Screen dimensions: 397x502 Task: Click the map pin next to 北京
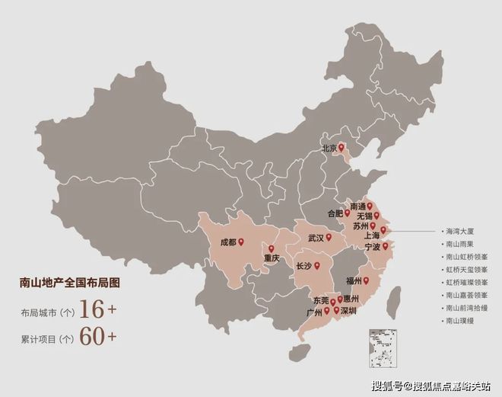(342, 147)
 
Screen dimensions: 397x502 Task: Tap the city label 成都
(228, 242)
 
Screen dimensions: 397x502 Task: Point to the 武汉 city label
(316, 238)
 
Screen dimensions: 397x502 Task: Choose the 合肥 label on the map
(335, 213)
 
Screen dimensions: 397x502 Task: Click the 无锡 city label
(360, 216)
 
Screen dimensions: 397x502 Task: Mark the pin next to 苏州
(373, 226)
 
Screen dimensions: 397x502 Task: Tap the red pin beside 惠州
(340, 299)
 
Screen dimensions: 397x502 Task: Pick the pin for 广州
(327, 311)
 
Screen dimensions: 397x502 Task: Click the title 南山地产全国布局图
(70, 283)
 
